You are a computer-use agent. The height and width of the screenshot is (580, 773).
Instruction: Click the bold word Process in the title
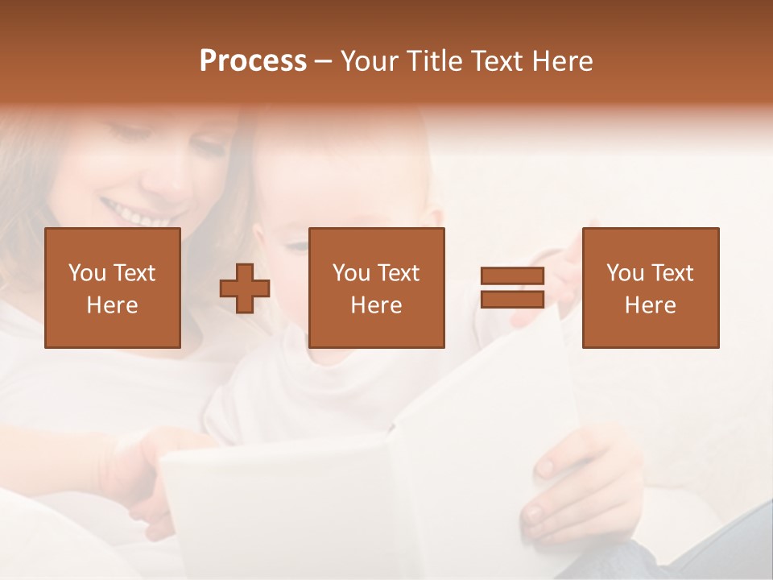pyautogui.click(x=253, y=61)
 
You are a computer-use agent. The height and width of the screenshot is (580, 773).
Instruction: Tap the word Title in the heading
pyautogui.click(x=433, y=61)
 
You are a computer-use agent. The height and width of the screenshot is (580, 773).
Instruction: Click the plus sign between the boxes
pyautogui.click(x=245, y=288)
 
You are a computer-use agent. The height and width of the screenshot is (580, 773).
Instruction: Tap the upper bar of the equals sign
pyautogui.click(x=512, y=276)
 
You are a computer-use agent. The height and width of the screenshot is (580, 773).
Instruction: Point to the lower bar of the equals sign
pyautogui.click(x=512, y=299)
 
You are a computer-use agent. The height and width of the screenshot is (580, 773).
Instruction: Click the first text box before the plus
pyautogui.click(x=112, y=288)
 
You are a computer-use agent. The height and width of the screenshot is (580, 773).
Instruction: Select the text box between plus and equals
pyautogui.click(x=376, y=288)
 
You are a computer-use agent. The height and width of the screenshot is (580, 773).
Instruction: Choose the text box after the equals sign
pyautogui.click(x=650, y=288)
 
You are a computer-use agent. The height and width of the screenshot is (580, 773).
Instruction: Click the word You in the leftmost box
pyautogui.click(x=86, y=273)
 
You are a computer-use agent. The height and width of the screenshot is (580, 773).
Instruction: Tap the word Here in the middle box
pyautogui.click(x=376, y=305)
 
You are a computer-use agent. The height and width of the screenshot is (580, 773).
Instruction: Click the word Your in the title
pyautogui.click(x=369, y=61)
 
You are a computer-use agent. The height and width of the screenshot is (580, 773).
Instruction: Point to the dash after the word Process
pyautogui.click(x=323, y=62)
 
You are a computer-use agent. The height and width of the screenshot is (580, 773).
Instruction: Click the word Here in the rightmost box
pyautogui.click(x=650, y=305)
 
